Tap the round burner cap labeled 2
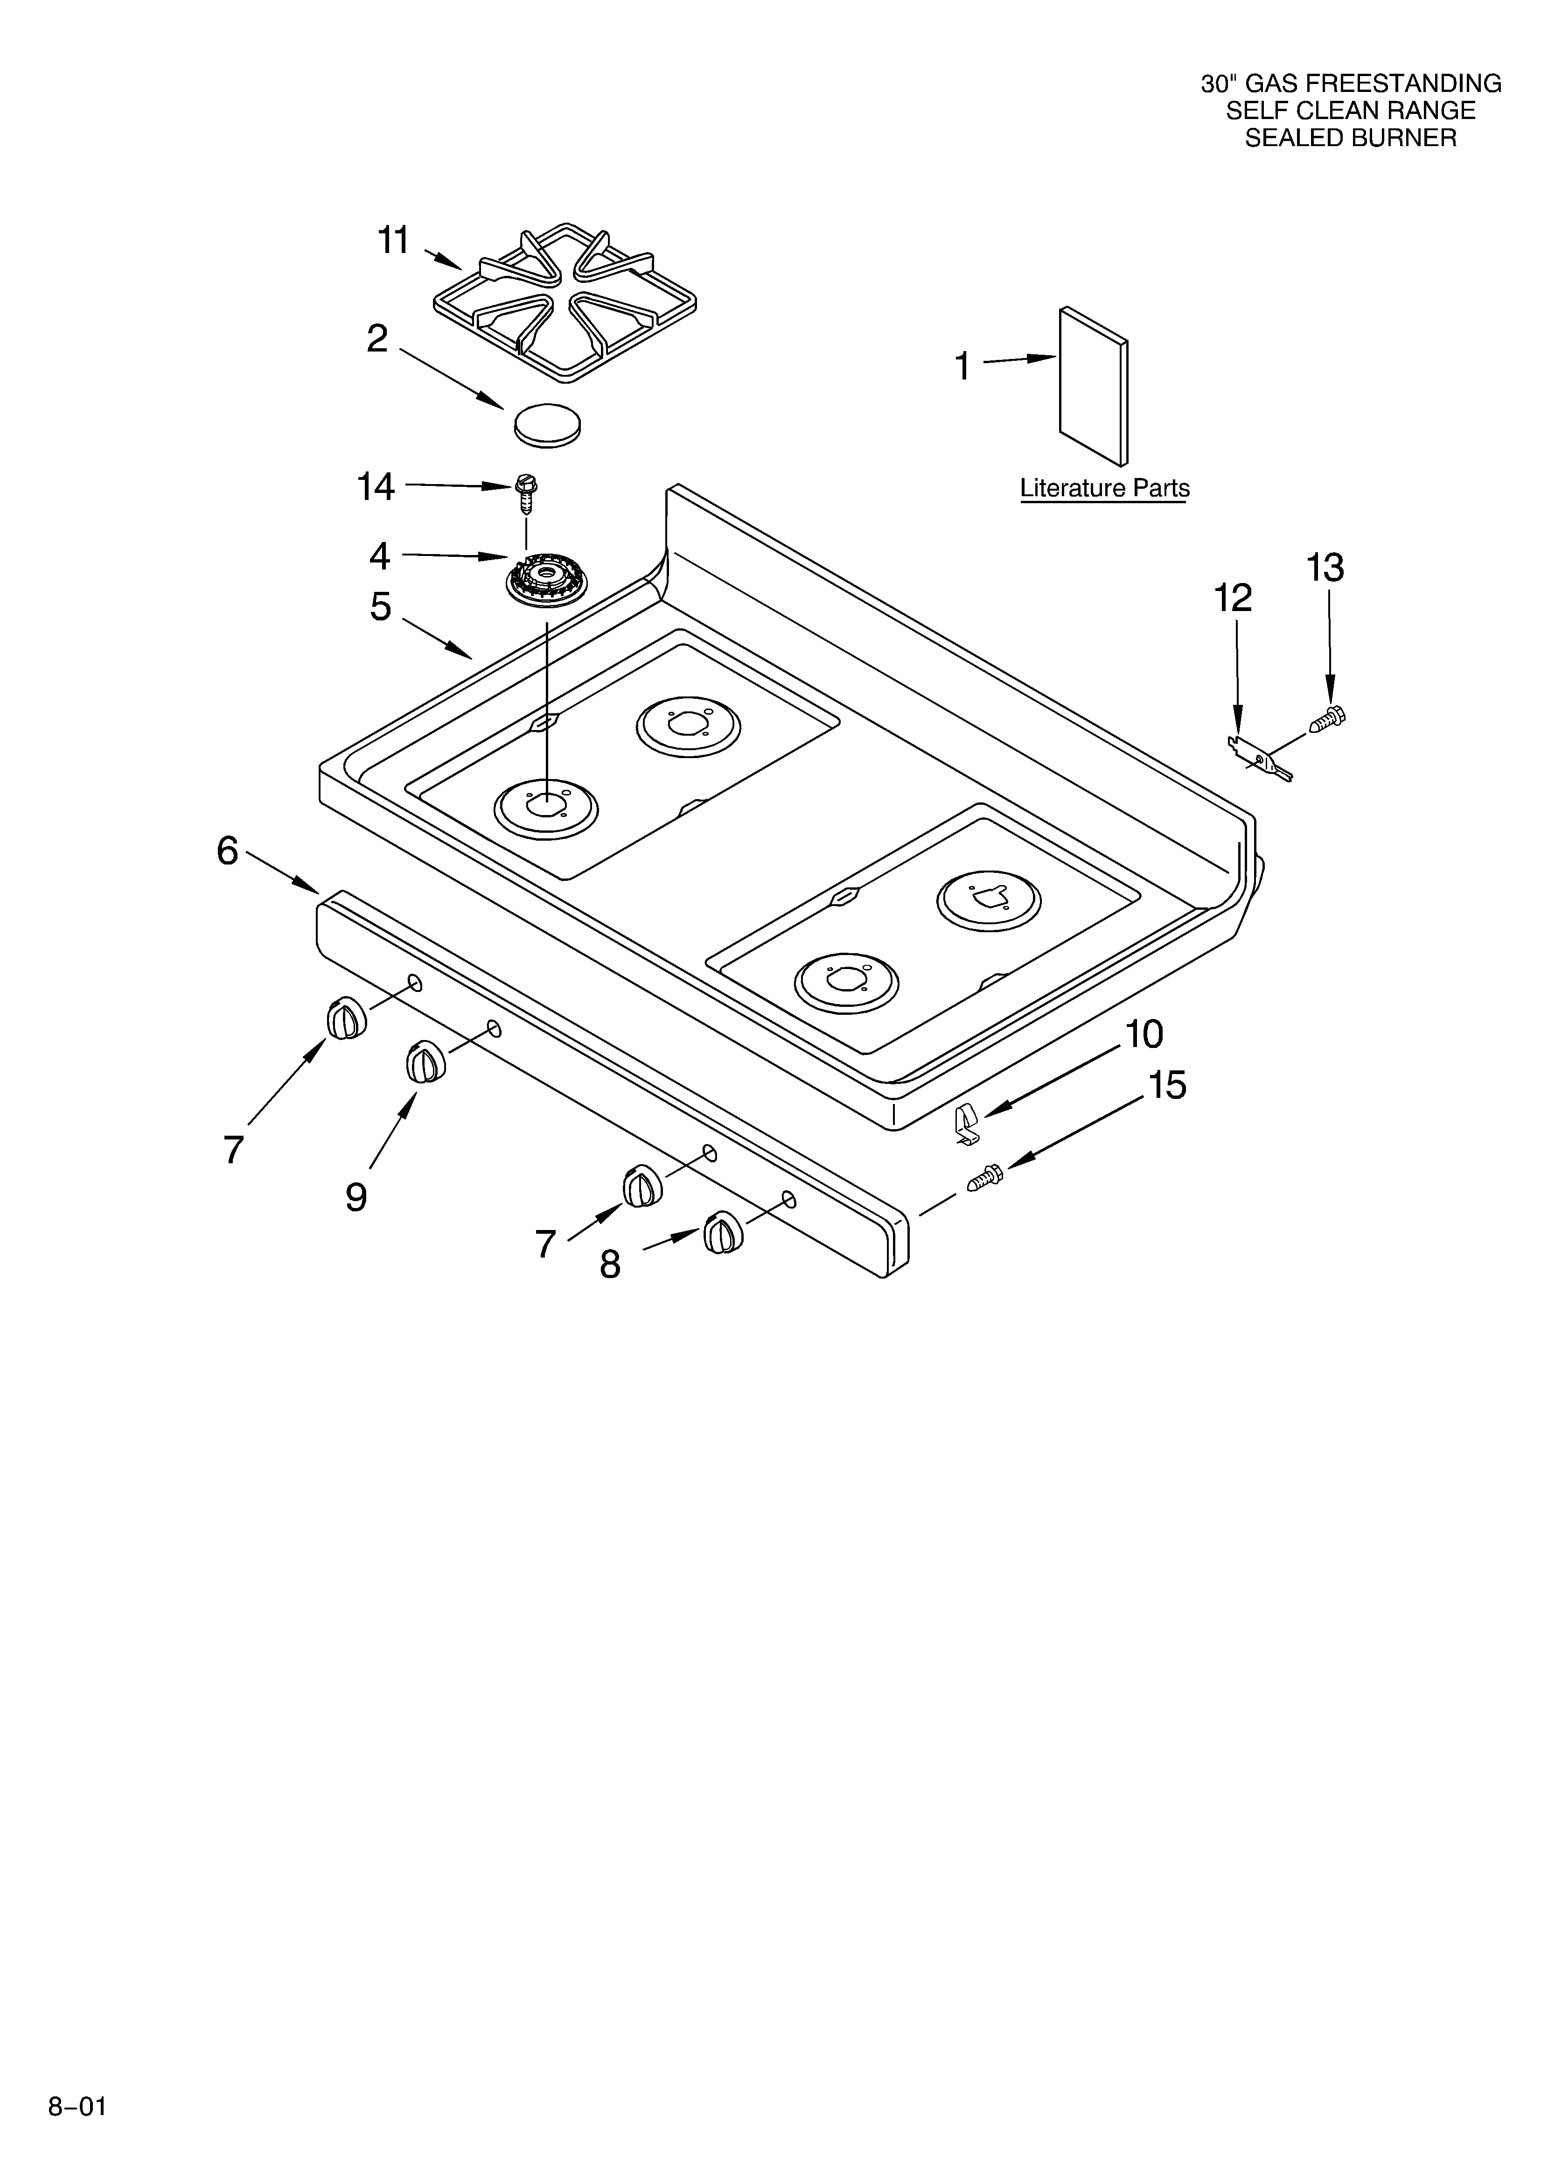pos(547,423)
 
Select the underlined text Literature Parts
pos(1104,488)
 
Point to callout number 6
pos(227,851)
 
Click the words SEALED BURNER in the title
pos(1351,138)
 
